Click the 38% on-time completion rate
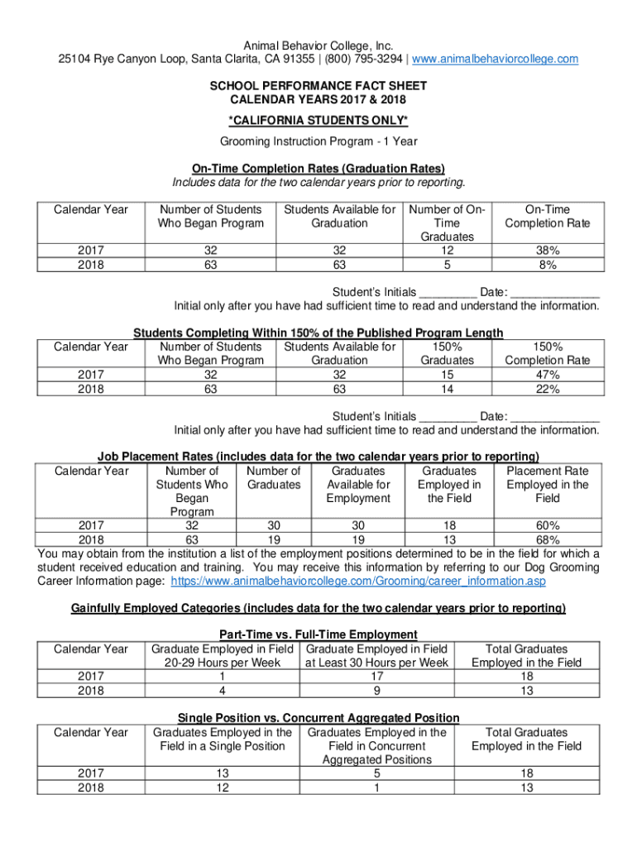(547, 251)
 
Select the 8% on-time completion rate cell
(547, 265)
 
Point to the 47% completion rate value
(547, 375)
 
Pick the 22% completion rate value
(547, 389)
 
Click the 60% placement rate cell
(547, 526)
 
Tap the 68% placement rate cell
(547, 540)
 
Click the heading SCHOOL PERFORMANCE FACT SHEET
(318, 86)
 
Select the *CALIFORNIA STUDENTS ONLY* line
(318, 120)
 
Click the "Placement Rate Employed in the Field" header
(547, 485)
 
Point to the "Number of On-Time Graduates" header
(447, 223)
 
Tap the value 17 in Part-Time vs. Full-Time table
(376, 676)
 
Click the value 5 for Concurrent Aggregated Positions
(376, 773)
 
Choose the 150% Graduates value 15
(447, 375)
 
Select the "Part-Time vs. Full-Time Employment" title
(318, 635)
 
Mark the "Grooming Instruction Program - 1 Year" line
(318, 141)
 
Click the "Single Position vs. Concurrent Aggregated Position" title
(318, 718)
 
